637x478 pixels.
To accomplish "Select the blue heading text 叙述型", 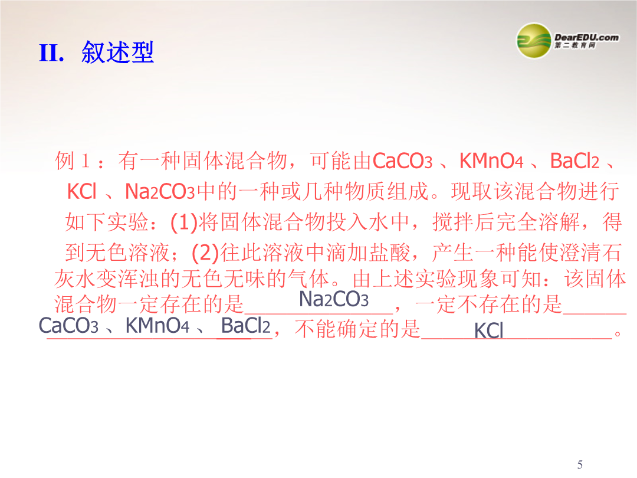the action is pyautogui.click(x=117, y=53).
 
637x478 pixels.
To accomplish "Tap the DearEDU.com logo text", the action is pyautogui.click(x=586, y=37).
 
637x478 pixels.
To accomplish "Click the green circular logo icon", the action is pyautogui.click(x=534, y=41).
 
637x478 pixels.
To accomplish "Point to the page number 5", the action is pyautogui.click(x=580, y=464).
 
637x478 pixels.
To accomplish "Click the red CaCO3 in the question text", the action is pyautogui.click(x=402, y=161).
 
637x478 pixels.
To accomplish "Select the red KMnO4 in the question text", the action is pyautogui.click(x=491, y=161).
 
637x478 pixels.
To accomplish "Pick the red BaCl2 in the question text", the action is pyautogui.click(x=574, y=161).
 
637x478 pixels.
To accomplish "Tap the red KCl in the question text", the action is pyautogui.click(x=81, y=191).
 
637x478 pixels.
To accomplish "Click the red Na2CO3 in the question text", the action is pyautogui.click(x=160, y=191).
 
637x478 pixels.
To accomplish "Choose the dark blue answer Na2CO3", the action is pyautogui.click(x=333, y=299).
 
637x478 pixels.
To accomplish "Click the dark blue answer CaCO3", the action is pyautogui.click(x=68, y=326).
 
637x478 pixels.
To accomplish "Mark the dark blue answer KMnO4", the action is pyautogui.click(x=157, y=326).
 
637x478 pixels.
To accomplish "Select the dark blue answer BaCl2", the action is pyautogui.click(x=245, y=326).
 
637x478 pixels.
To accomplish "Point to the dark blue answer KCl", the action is pyautogui.click(x=489, y=330).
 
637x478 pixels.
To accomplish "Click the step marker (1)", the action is pyautogui.click(x=184, y=222).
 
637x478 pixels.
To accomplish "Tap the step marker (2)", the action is pyautogui.click(x=205, y=253).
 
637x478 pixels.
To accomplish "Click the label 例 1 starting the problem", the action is pyautogui.click(x=73, y=161).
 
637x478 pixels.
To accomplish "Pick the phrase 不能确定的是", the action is pyautogui.click(x=357, y=329).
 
